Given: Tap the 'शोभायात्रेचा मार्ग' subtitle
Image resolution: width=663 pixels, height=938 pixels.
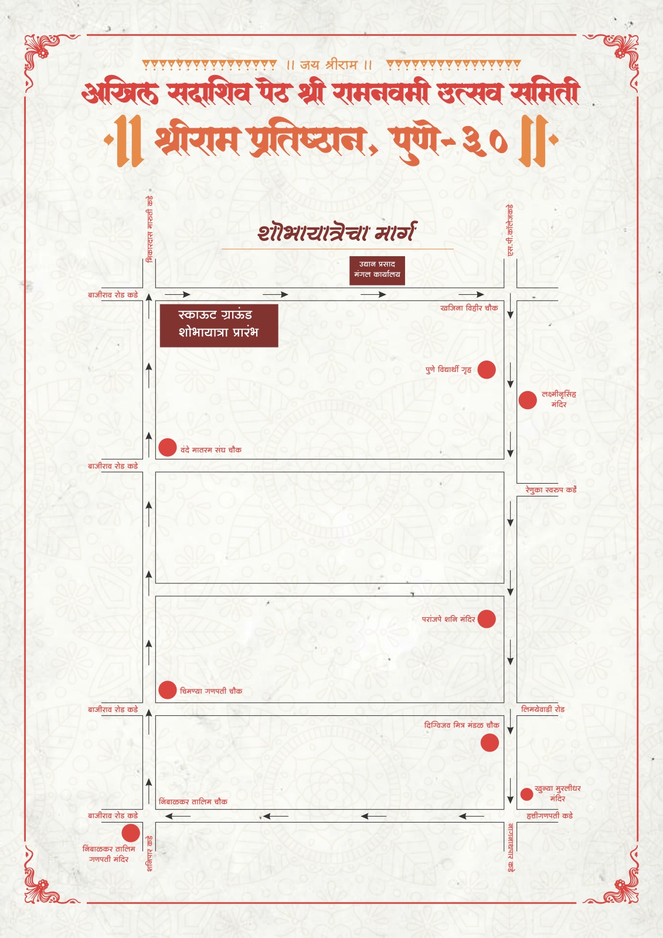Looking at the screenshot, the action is coord(337,232).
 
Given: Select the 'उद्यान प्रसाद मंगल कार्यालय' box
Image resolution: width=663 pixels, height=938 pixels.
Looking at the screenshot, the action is coord(377,270).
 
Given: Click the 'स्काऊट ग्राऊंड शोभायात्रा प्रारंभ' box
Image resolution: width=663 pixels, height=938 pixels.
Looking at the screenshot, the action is coord(219,324).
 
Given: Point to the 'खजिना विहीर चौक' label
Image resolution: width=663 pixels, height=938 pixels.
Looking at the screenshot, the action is coord(468,308).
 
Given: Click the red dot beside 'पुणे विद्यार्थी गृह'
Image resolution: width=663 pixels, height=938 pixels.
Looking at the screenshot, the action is coord(487,369).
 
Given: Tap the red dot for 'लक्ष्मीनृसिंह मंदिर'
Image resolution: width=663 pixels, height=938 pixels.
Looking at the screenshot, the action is coord(528,400).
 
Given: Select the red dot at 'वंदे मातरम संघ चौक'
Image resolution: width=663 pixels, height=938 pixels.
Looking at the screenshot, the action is coord(168,447).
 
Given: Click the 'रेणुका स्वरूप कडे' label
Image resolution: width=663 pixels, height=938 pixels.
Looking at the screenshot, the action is coord(550,490).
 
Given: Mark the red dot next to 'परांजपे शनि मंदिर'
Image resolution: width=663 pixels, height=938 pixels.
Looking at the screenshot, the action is coord(487,618).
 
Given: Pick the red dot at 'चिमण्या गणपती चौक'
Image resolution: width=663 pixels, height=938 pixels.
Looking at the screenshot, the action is coord(168,690).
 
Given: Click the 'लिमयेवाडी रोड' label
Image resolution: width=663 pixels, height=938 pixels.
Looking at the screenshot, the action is coord(543,709).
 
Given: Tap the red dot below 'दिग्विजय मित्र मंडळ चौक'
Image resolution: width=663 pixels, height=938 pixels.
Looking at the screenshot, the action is coord(489,743).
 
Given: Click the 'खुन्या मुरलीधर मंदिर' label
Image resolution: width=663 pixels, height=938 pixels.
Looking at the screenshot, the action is coord(557,793).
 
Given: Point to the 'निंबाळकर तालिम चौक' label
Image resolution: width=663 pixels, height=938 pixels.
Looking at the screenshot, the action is coord(193,801).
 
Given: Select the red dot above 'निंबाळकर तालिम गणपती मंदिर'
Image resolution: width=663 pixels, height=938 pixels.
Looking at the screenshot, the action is coord(131,832).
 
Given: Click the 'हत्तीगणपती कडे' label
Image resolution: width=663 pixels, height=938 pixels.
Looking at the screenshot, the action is coord(549,815).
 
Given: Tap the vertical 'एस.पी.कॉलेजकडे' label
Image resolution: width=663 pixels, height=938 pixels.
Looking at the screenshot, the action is coord(510,230).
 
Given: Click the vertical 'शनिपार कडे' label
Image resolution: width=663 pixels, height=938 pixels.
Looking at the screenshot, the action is coord(149,854).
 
